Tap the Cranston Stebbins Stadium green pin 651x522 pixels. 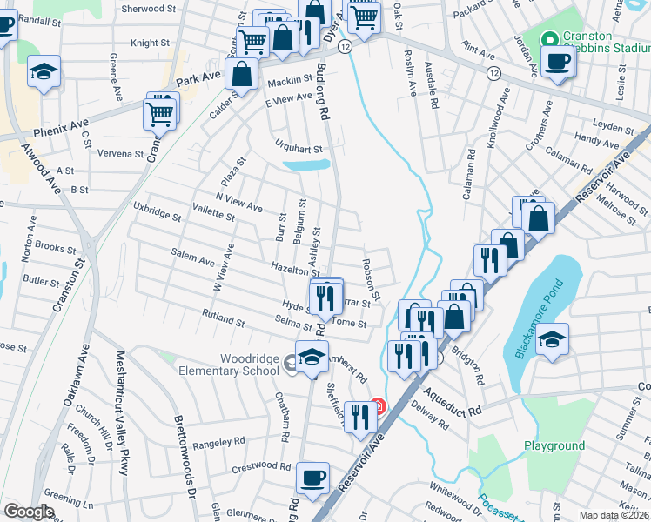(x=549, y=39)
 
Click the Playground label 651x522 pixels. (x=554, y=445)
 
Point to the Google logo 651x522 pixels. (x=29, y=512)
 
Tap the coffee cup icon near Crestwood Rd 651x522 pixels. (x=313, y=477)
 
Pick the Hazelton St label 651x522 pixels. (x=291, y=269)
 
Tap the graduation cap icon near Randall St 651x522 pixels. (x=44, y=72)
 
